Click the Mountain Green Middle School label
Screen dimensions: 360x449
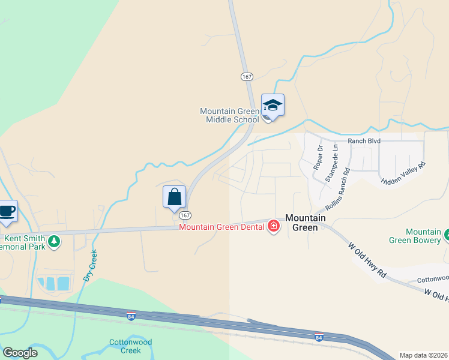pos(229,115)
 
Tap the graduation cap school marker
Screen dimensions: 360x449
pos(273,106)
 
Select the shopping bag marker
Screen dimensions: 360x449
pos(174,197)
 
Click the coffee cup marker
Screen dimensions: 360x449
pos(7,211)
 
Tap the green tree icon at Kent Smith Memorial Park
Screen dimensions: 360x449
pos(54,241)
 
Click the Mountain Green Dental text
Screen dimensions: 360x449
pos(222,226)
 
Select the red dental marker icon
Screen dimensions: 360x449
pos(274,226)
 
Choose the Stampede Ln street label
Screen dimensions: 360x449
pos(331,163)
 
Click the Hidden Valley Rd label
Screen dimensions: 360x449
pos(403,173)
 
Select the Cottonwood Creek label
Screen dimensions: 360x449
pos(125,346)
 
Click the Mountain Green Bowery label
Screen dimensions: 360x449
pos(424,236)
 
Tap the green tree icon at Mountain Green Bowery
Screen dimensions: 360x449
pos(447,235)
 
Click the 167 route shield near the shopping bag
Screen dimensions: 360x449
pos(185,215)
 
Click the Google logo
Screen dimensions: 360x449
pos(20,353)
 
